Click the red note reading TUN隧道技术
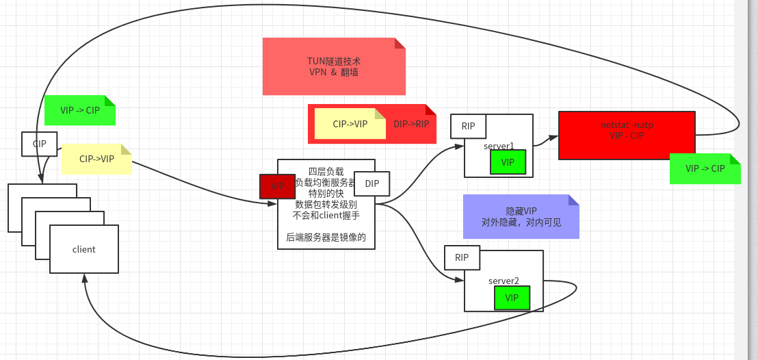334,66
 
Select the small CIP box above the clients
40,144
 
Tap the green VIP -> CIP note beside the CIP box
79,111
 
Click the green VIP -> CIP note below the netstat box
705,169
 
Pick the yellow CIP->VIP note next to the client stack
96,159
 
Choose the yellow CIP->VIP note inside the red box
350,124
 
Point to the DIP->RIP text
411,124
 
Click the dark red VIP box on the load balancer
277,186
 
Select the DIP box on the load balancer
371,183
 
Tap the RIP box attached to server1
468,127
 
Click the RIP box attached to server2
462,258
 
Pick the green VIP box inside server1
508,162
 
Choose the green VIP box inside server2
512,298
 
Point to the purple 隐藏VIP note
521,217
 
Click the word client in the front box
84,249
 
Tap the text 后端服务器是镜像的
326,237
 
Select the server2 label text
504,281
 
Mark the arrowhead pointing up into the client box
84,278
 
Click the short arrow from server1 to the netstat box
546,141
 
